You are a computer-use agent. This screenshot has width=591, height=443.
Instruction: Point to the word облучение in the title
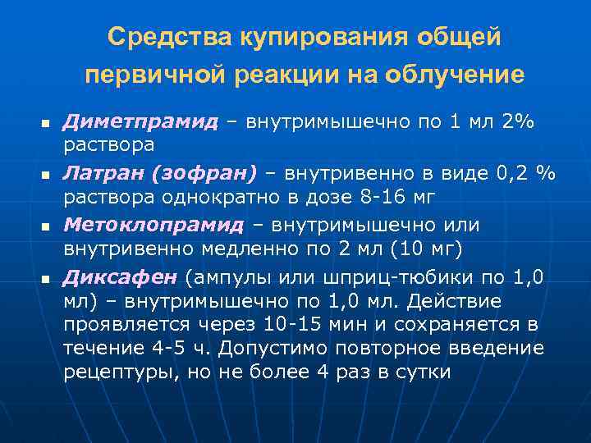click(x=463, y=75)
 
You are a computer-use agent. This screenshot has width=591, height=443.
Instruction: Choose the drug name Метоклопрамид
click(x=154, y=225)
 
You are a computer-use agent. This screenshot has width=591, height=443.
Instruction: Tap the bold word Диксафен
click(x=123, y=276)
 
